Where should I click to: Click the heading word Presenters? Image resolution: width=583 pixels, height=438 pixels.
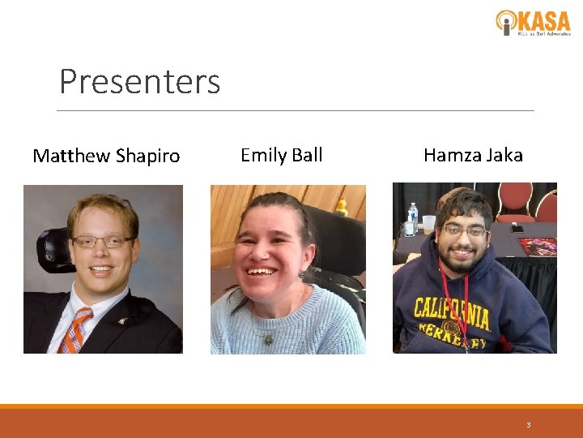(x=139, y=82)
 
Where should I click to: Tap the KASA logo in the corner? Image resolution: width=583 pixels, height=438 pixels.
(x=533, y=22)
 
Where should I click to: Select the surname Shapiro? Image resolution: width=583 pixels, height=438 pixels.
(x=148, y=156)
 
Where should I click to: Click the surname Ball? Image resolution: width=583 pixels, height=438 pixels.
(x=307, y=155)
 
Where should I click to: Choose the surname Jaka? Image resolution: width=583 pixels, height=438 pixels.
(x=504, y=155)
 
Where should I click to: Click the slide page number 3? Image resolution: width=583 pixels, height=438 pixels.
(x=528, y=424)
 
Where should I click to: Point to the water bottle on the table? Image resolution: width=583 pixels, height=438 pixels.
(x=413, y=218)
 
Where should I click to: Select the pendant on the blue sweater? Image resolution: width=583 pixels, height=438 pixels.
(x=269, y=338)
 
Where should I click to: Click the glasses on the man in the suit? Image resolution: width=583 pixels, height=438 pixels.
(x=102, y=241)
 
